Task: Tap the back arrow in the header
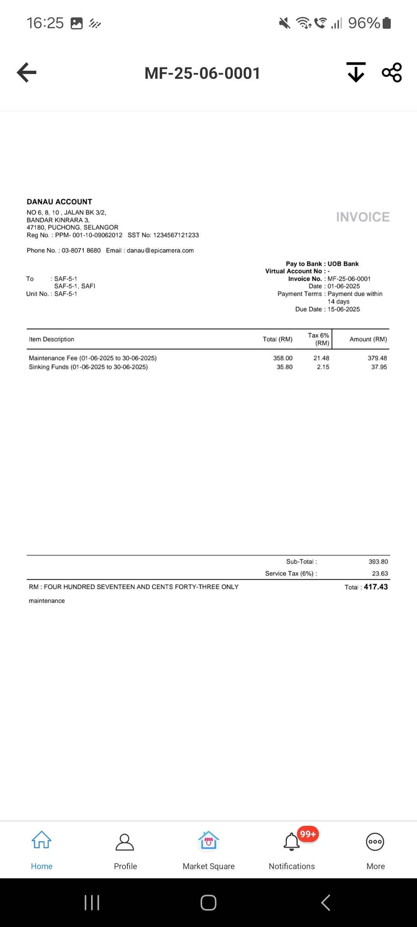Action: click(x=27, y=72)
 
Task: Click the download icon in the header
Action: click(x=356, y=72)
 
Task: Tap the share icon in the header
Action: click(x=392, y=72)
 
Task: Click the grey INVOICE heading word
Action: click(x=363, y=217)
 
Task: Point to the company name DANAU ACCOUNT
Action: click(x=59, y=202)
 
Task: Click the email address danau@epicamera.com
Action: click(x=160, y=250)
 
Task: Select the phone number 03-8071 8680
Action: click(x=81, y=250)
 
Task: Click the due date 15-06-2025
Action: click(x=344, y=309)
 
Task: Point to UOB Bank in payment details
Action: click(x=343, y=264)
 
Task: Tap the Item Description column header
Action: click(x=51, y=339)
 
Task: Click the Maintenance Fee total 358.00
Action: click(x=283, y=358)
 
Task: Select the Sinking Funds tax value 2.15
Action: click(x=323, y=367)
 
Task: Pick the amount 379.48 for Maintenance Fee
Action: click(x=377, y=358)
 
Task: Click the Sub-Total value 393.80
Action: click(x=378, y=562)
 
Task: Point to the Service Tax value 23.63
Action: click(x=380, y=574)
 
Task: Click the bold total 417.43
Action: click(x=376, y=587)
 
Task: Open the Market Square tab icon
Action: click(x=208, y=841)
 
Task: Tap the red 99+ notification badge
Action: click(x=308, y=834)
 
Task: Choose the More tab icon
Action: click(x=375, y=842)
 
